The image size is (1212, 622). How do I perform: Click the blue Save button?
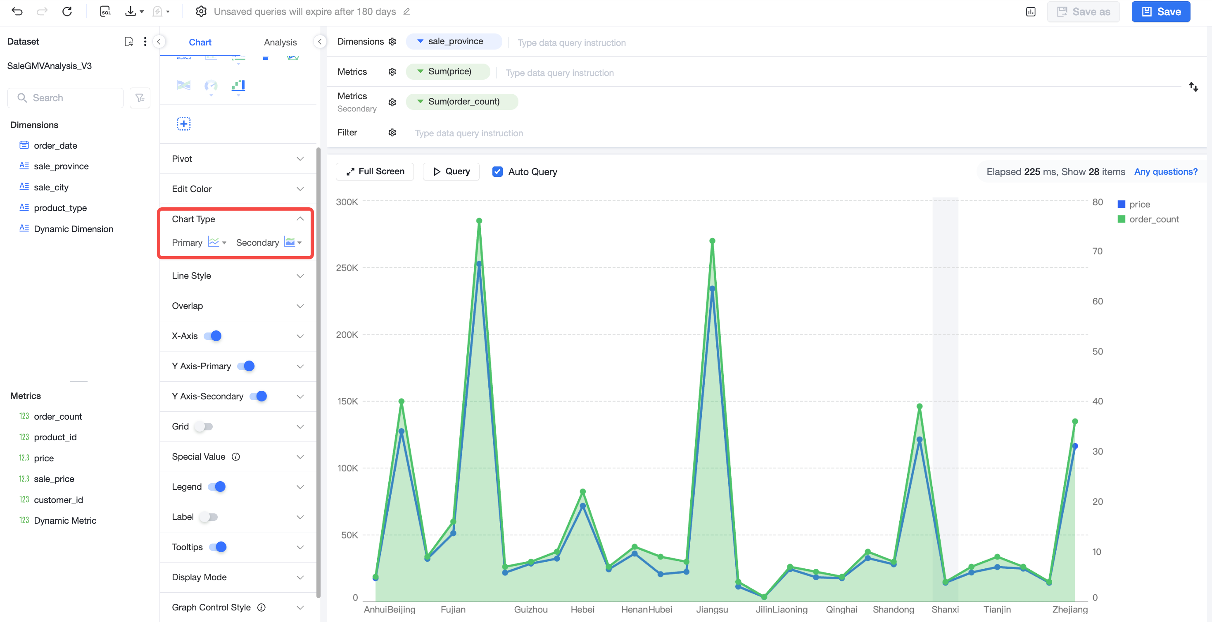pos(1161,12)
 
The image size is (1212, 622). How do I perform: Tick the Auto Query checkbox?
pos(497,172)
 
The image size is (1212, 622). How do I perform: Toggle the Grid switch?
pos(204,426)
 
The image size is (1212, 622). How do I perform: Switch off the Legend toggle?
pos(217,487)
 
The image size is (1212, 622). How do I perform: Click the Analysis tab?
pos(280,43)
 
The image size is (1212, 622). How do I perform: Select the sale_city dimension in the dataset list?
pos(51,187)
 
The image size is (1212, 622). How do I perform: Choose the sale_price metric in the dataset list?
pos(54,479)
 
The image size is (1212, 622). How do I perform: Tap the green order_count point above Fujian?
pos(453,522)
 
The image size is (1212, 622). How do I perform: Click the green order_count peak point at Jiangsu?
pos(712,241)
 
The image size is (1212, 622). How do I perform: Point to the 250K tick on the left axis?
pos(347,268)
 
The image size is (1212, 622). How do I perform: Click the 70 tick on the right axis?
pos(1097,251)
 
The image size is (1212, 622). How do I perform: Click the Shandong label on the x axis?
pos(894,610)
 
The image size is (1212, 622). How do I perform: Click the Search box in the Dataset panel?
pos(65,98)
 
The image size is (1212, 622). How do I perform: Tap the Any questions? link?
pos(1166,172)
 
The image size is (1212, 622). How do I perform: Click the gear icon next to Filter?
pos(392,133)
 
